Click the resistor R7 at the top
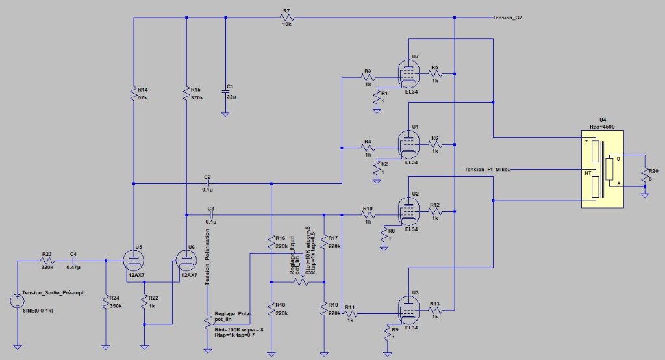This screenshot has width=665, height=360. tap(286, 18)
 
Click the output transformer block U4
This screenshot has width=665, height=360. tap(603, 169)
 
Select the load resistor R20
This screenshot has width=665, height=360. tap(644, 174)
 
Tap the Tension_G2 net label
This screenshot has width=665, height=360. tap(508, 18)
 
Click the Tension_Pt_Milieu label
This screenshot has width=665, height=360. tap(488, 169)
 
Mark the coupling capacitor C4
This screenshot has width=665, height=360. tap(73, 261)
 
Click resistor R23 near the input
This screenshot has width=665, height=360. tap(47, 261)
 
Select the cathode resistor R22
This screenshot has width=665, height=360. tap(144, 302)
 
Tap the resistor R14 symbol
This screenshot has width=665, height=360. tap(133, 93)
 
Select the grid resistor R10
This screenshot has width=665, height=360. tap(368, 214)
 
